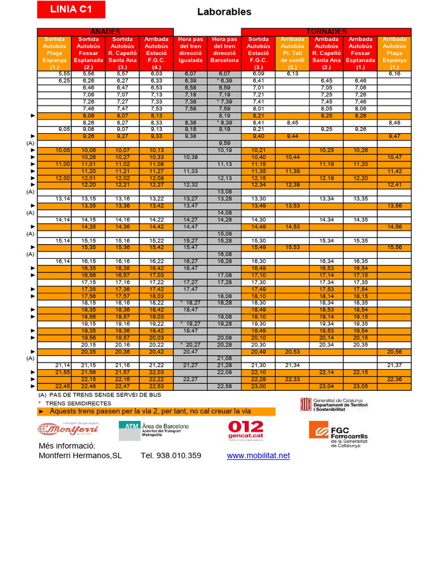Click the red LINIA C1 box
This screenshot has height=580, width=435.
[71, 9]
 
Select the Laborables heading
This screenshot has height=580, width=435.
[224, 12]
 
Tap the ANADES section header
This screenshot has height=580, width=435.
[105, 31]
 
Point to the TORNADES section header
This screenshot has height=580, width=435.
[326, 31]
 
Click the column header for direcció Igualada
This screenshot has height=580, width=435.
[190, 53]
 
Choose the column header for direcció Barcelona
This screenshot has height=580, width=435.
[224, 53]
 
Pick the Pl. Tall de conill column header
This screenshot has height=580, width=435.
[292, 53]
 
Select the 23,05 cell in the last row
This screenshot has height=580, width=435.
[360, 386]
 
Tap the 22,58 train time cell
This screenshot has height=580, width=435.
[224, 386]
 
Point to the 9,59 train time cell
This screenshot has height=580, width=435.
[224, 143]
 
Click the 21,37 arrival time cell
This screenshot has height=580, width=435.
[394, 365]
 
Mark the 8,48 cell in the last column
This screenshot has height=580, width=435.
[394, 122]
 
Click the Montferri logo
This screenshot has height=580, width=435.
[69, 429]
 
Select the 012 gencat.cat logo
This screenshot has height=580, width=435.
[245, 429]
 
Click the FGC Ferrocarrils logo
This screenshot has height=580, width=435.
[338, 433]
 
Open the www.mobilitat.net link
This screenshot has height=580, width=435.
[258, 455]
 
